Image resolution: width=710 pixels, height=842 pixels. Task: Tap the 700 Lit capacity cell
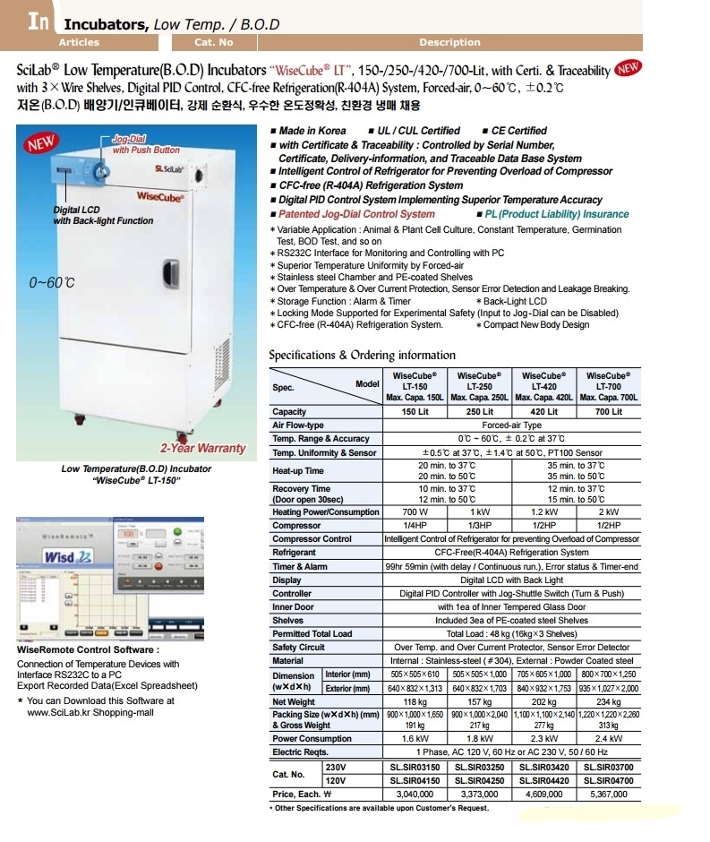point(609,411)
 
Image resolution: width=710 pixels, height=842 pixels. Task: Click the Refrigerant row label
point(295,553)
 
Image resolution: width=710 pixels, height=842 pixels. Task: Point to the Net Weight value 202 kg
point(545,701)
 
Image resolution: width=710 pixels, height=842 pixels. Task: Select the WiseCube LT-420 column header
point(545,386)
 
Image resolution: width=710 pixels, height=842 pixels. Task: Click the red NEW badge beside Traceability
point(629,69)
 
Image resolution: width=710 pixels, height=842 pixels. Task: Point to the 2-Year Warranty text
point(202,448)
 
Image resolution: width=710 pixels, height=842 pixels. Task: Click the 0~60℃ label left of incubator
point(52,282)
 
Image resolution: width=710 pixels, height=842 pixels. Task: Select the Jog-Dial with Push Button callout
point(145,145)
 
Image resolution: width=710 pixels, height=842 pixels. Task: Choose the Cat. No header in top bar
point(213,42)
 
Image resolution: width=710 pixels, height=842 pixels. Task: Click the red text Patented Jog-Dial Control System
point(356,214)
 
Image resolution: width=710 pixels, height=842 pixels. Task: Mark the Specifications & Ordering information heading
point(362,355)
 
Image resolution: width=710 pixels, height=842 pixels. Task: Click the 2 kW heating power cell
point(609,512)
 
